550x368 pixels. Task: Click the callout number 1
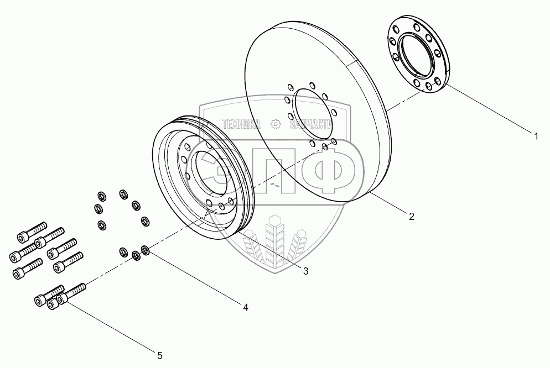(536, 135)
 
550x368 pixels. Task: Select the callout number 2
(411, 217)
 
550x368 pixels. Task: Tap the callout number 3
(305, 270)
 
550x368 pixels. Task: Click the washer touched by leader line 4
(146, 251)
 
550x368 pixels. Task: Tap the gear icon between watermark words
(274, 124)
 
